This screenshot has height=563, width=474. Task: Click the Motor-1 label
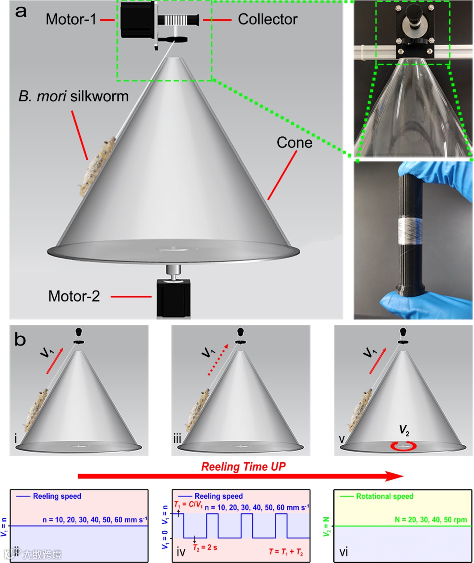click(x=71, y=19)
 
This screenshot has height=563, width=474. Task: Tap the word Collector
click(x=267, y=19)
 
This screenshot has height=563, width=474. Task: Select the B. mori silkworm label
click(x=73, y=97)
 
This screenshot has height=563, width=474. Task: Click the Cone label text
click(x=294, y=143)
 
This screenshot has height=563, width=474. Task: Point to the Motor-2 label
click(x=74, y=296)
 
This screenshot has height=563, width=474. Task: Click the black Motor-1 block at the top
click(x=136, y=20)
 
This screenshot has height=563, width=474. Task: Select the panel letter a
click(x=21, y=11)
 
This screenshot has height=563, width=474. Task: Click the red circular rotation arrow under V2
click(x=404, y=446)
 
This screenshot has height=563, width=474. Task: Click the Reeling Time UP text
click(x=243, y=466)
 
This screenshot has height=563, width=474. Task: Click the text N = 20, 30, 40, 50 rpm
click(x=431, y=520)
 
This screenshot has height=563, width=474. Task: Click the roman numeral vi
click(x=344, y=552)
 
